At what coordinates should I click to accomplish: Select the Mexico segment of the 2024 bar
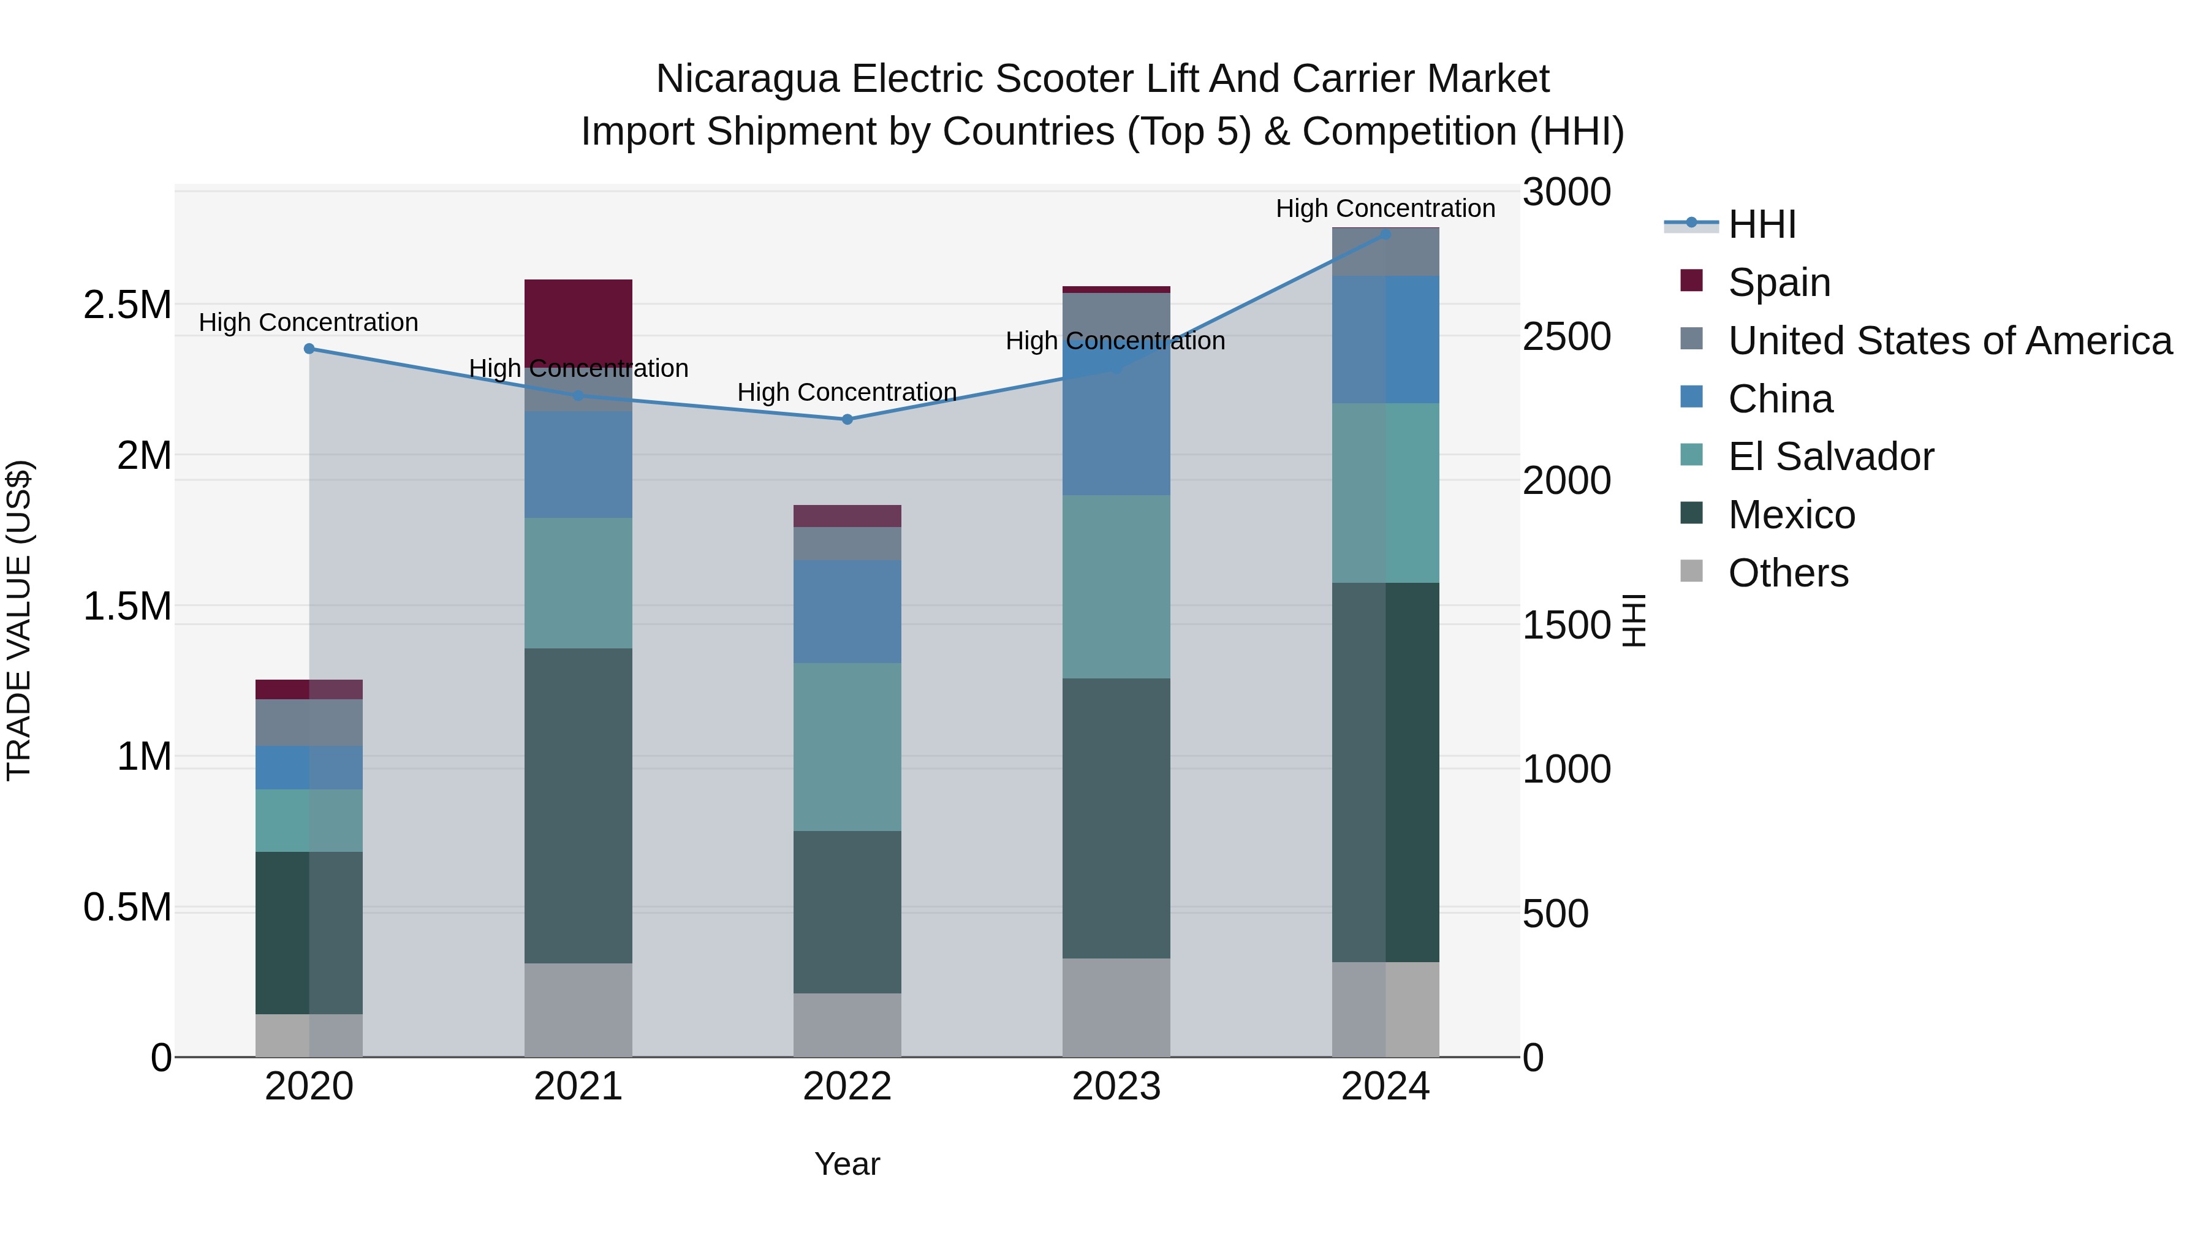[1385, 772]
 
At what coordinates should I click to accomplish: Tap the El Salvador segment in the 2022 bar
[847, 746]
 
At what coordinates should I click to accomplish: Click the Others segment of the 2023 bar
[1116, 1006]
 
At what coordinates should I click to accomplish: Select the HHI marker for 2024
[1385, 234]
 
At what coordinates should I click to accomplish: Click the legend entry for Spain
[1779, 282]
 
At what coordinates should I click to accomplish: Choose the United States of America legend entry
[1949, 340]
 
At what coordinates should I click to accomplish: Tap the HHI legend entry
[1762, 224]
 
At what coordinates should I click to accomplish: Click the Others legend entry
[1787, 572]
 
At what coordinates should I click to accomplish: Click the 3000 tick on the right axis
[1566, 192]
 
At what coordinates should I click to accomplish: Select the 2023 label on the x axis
[1116, 1087]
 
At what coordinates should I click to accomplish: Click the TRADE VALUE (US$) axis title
[19, 620]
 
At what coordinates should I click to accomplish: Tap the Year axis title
[847, 1164]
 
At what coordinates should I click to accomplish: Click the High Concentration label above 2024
[1385, 208]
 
